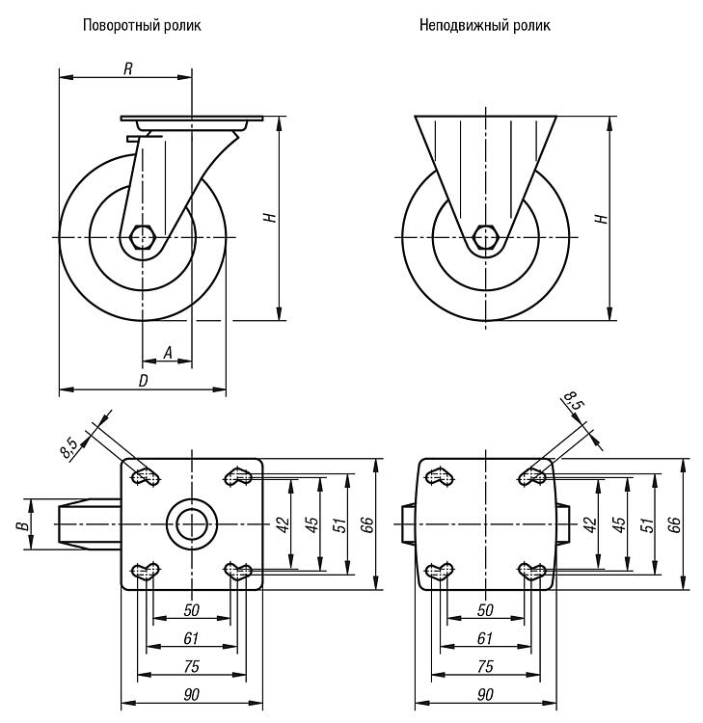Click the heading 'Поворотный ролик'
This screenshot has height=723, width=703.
(142, 25)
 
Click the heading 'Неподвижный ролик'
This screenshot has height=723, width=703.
(484, 25)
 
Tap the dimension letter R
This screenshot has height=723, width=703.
(128, 68)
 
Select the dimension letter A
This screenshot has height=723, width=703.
(168, 353)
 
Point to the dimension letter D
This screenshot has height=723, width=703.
(144, 381)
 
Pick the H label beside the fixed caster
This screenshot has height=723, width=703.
(602, 218)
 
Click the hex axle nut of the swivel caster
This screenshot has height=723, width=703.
(142, 237)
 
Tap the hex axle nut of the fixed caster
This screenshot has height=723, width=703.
(485, 237)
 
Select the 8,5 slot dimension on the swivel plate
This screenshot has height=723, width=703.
(70, 448)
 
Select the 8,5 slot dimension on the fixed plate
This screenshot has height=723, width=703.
(575, 400)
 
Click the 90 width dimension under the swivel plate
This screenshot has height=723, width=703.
(192, 694)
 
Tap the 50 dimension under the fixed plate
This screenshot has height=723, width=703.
(485, 610)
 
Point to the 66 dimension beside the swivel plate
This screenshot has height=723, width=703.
(367, 524)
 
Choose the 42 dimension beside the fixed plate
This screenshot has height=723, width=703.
(591, 524)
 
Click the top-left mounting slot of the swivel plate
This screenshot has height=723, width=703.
(147, 477)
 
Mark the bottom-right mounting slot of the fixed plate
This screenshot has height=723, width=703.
(532, 572)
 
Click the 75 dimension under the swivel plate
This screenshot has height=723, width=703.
(192, 667)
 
